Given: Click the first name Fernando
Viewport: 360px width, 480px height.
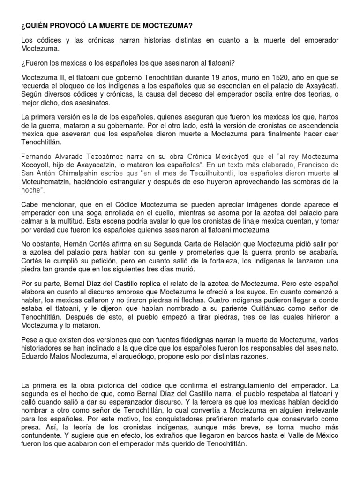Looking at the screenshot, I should tap(38, 155).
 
